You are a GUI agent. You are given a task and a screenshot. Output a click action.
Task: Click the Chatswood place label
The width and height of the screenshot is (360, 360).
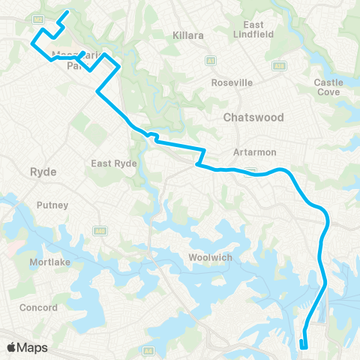pyautogui.click(x=253, y=118)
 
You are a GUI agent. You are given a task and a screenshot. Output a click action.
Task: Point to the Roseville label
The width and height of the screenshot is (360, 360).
pyautogui.click(x=231, y=82)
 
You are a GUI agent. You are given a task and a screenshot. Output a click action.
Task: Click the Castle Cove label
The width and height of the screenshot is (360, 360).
pyautogui.click(x=328, y=87)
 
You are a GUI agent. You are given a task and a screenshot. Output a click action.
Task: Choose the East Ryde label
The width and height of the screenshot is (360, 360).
pyautogui.click(x=112, y=163)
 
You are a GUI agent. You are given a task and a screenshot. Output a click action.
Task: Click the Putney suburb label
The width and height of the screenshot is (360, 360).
pyautogui.click(x=52, y=205)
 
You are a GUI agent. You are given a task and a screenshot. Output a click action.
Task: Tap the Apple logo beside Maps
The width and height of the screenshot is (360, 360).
pyautogui.click(x=13, y=346)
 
